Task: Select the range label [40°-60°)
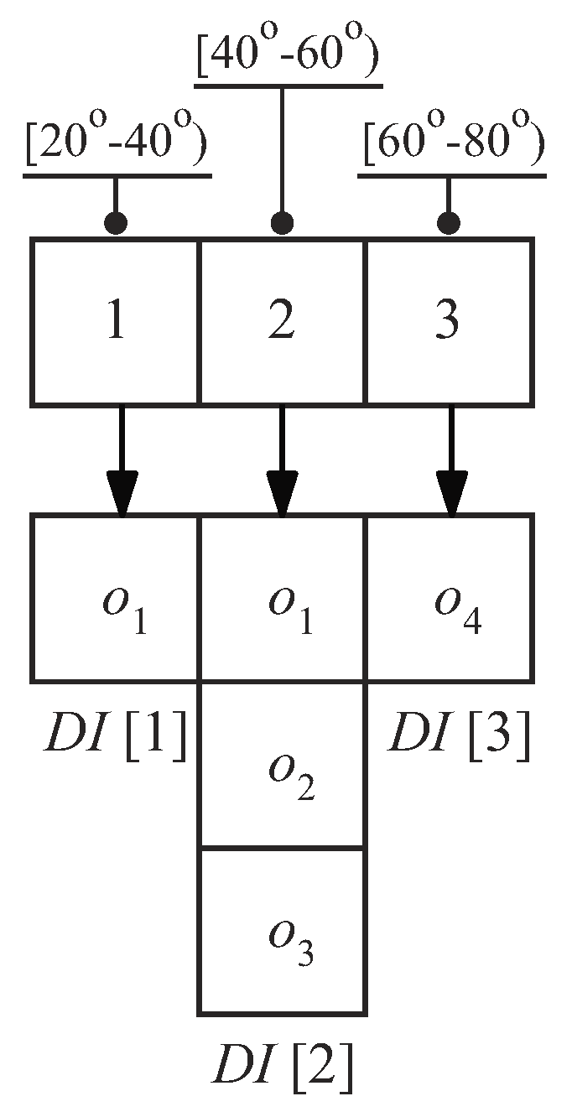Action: (x=287, y=56)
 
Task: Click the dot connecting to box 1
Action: (x=117, y=223)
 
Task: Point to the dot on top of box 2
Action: (x=283, y=223)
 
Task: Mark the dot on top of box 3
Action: (x=450, y=223)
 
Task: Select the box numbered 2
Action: (x=282, y=323)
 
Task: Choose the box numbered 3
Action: (x=449, y=323)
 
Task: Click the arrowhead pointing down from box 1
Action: (x=122, y=495)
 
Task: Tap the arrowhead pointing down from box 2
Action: (x=282, y=495)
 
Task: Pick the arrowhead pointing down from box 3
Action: (x=451, y=495)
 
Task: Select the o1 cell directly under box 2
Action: (x=282, y=597)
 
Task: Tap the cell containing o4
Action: (x=449, y=597)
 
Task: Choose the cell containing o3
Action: (x=282, y=930)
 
